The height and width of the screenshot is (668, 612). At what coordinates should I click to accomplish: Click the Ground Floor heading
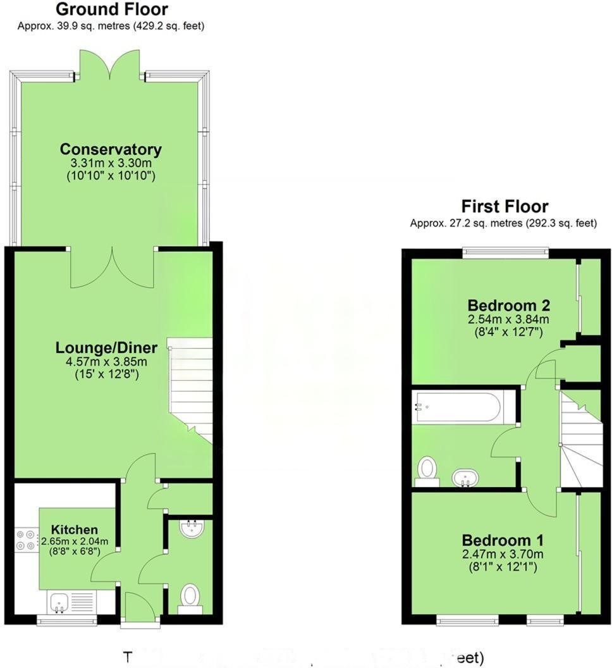click(112, 10)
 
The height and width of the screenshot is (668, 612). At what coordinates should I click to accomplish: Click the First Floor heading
click(505, 207)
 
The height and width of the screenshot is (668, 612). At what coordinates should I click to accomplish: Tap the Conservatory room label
click(111, 150)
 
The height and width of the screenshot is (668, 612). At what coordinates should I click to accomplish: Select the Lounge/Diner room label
click(101, 348)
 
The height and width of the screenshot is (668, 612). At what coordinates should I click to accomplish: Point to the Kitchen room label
click(75, 529)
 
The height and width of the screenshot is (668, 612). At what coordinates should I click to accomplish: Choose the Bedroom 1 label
click(503, 540)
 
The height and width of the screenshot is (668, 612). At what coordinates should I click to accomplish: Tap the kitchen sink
click(61, 602)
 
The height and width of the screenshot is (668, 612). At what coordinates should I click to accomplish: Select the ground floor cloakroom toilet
click(190, 597)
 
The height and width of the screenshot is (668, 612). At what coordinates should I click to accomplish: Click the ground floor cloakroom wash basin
click(190, 529)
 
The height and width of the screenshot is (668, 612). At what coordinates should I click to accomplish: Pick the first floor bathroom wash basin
click(465, 478)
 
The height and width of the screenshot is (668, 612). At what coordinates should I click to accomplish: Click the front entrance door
click(139, 609)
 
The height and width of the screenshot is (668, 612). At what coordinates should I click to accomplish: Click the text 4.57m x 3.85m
click(101, 362)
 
